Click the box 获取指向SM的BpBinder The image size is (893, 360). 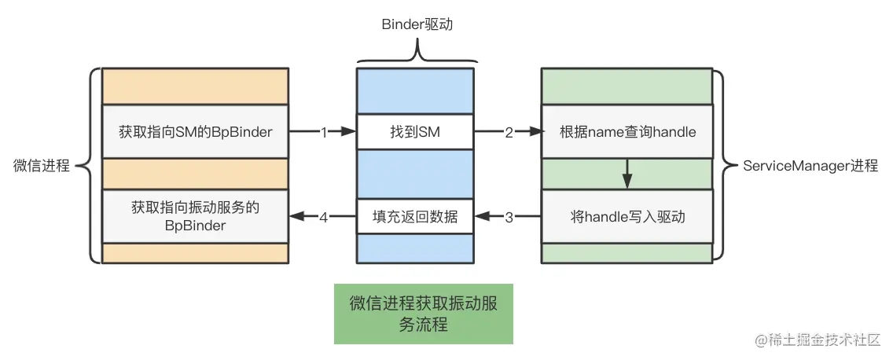click(196, 132)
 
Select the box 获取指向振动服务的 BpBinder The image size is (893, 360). click(196, 216)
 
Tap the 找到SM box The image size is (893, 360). click(415, 132)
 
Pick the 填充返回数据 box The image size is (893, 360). click(415, 217)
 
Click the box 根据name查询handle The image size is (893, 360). click(627, 132)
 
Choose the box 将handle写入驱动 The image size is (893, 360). click(627, 217)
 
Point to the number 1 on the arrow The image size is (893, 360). click(323, 133)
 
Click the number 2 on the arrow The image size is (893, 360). click(509, 133)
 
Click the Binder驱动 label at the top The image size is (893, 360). click(417, 24)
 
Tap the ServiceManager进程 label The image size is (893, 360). click(810, 167)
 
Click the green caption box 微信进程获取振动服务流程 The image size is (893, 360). click(423, 314)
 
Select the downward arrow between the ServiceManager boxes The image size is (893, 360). click(627, 173)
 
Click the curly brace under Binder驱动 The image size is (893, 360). click(417, 52)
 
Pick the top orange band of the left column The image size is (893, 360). click(196, 86)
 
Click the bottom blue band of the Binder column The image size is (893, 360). click(415, 248)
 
